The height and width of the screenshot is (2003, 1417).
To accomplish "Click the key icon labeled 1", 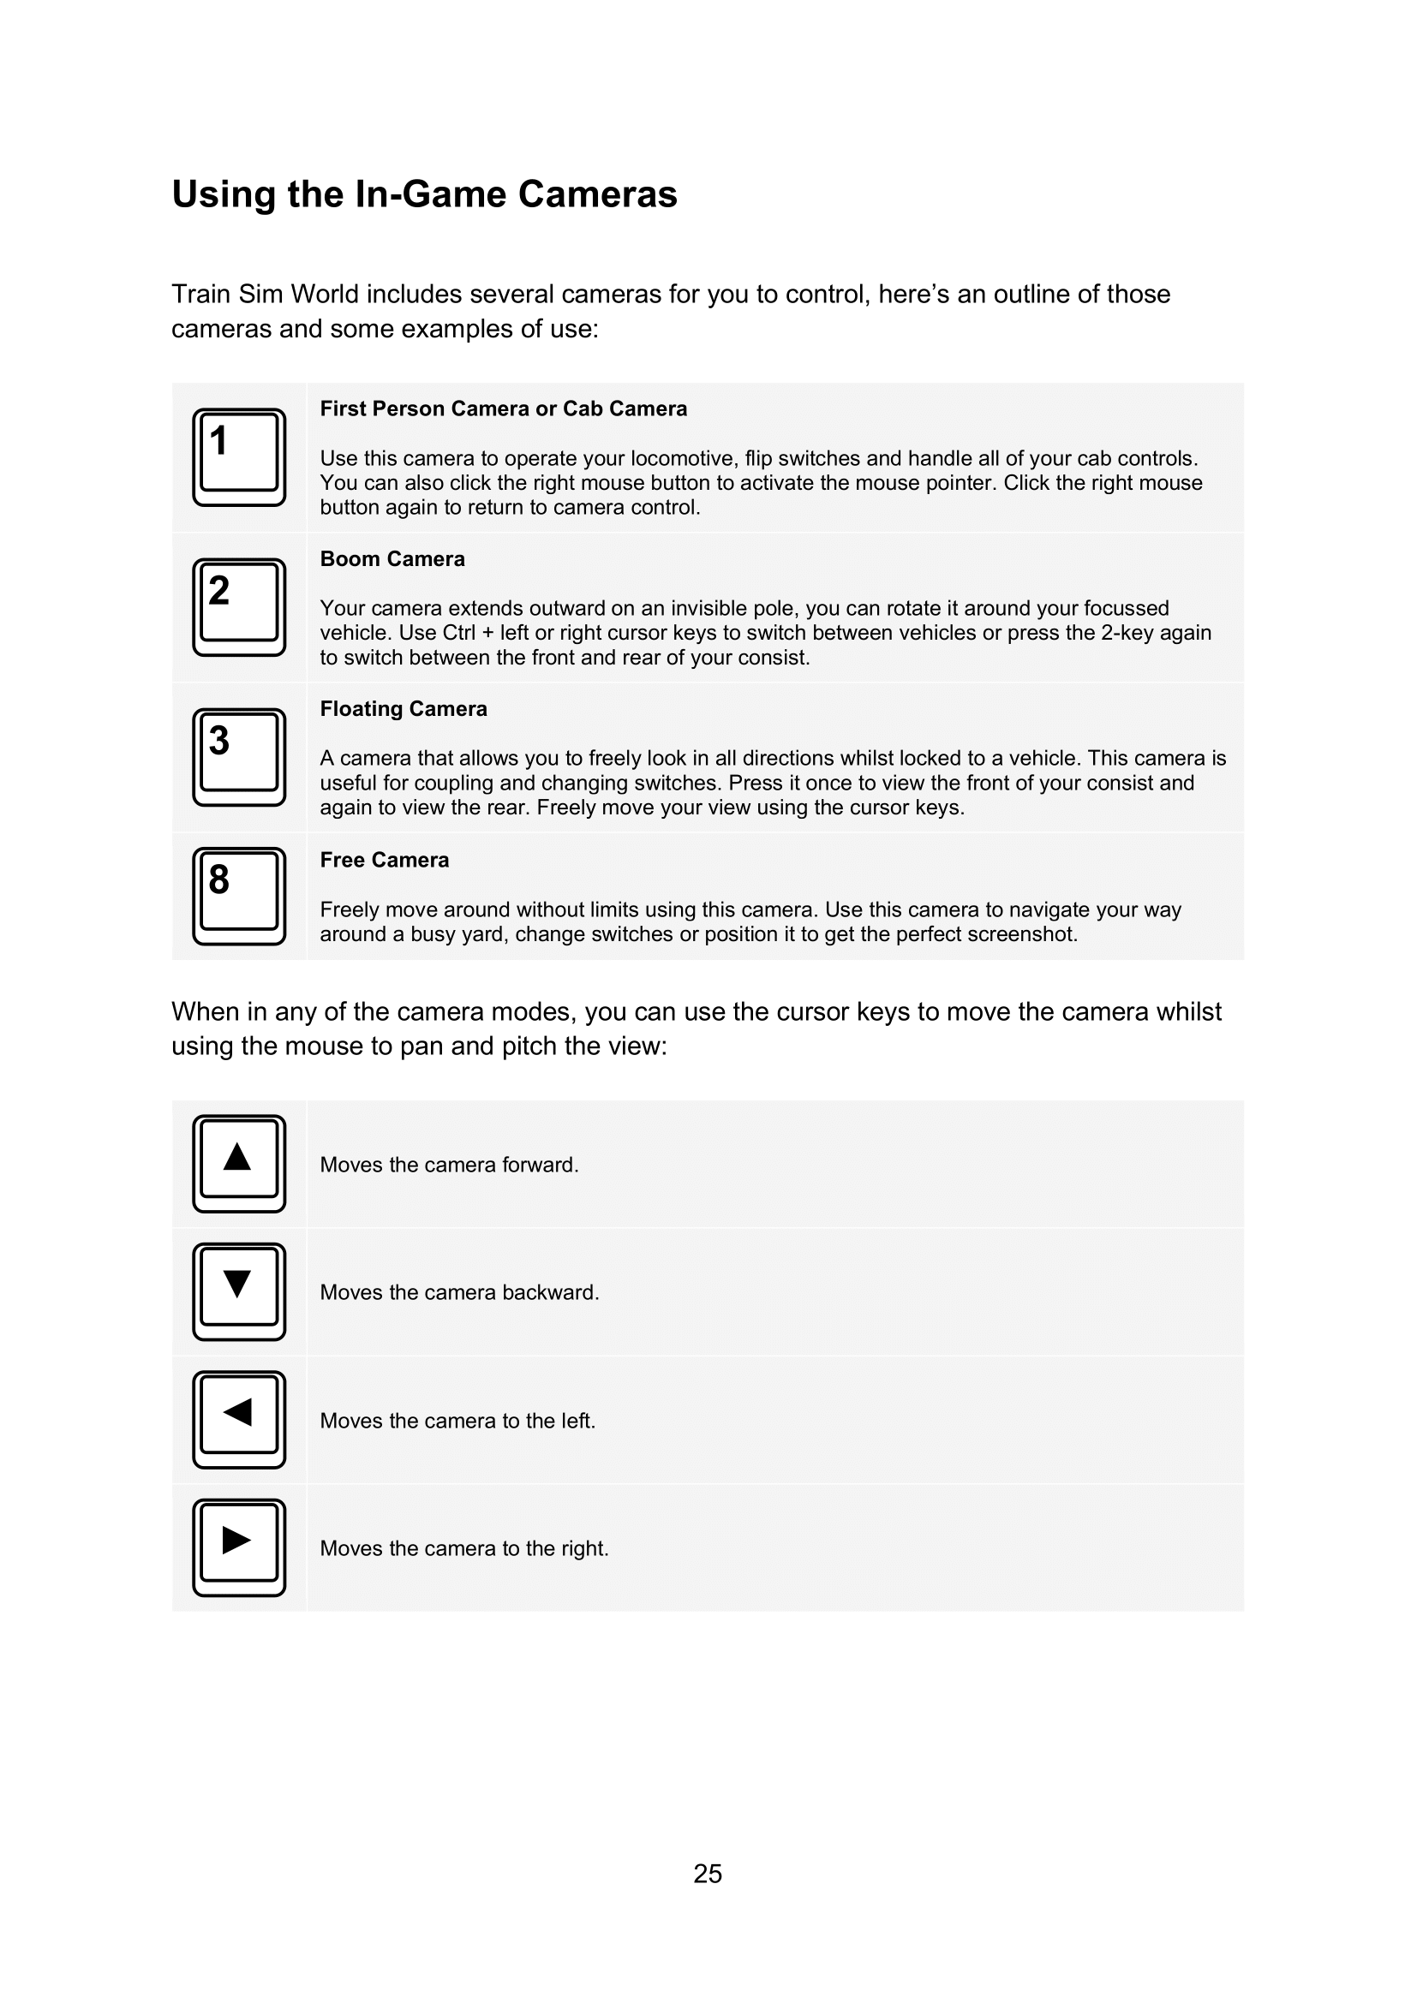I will click(x=239, y=456).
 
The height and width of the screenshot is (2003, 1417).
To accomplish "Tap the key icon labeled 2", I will click(x=239, y=606).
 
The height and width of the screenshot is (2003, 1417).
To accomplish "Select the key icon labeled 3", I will click(x=239, y=756).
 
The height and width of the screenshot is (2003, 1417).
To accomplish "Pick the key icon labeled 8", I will click(x=239, y=895).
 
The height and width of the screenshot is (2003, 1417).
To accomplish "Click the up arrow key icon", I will click(x=239, y=1163).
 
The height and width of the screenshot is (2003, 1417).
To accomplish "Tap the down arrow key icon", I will click(x=239, y=1291).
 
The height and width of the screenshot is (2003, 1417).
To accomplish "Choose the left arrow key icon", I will click(x=239, y=1419).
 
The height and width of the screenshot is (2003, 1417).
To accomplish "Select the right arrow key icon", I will click(x=239, y=1547).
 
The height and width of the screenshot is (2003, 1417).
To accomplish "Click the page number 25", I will click(x=708, y=1874).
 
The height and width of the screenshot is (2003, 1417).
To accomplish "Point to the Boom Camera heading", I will click(x=392, y=559).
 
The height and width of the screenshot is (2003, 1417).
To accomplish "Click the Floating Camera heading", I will click(x=404, y=709).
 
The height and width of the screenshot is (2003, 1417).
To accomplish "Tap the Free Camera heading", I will click(x=384, y=860).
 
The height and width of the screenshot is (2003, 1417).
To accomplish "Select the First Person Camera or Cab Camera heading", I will click(x=504, y=409).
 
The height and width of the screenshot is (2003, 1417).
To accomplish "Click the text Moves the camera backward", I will click(x=459, y=1292).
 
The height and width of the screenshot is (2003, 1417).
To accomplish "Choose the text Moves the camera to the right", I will click(x=464, y=1548).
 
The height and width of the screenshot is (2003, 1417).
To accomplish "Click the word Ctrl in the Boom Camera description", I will click(x=459, y=633).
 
